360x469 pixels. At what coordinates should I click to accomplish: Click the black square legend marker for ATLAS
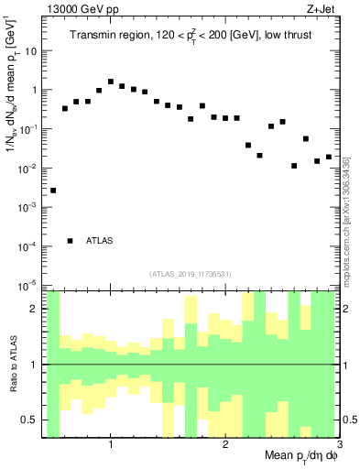tap(71, 241)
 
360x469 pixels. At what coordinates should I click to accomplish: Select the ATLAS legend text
tap(100, 241)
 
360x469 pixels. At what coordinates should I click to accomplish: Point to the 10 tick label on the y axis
tap(31, 51)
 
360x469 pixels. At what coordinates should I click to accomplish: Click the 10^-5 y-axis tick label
tap(29, 285)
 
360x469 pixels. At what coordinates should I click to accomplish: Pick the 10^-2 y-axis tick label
tap(29, 169)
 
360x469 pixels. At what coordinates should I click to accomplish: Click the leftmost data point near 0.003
tap(53, 191)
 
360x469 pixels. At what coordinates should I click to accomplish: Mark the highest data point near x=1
tap(111, 82)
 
